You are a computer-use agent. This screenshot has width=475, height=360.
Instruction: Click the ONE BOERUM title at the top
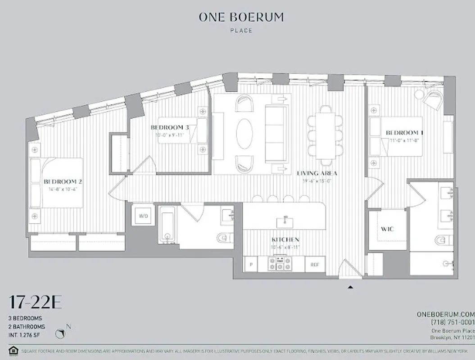241,17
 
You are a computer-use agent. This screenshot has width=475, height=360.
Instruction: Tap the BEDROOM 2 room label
63,181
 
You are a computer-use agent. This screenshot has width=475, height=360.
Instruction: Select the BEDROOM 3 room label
170,128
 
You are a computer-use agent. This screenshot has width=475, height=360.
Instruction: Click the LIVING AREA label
317,173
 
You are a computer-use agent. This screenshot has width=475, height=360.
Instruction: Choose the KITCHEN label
285,240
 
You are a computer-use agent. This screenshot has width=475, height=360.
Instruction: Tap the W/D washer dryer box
143,216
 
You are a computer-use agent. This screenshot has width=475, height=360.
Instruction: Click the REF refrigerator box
315,265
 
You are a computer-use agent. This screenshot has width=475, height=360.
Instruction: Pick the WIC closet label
387,229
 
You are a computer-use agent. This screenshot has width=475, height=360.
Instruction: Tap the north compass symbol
61,333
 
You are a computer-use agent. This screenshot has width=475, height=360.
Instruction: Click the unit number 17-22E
35,303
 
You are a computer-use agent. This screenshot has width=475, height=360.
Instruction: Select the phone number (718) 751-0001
452,322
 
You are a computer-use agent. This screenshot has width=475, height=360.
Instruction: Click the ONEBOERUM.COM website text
446,314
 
